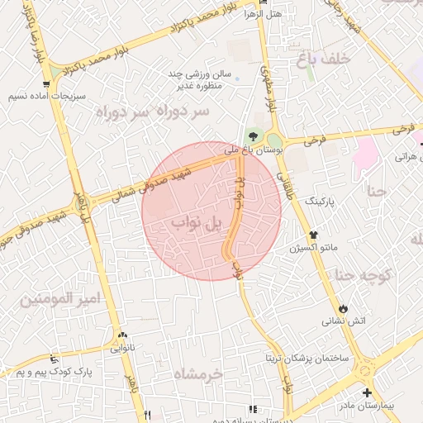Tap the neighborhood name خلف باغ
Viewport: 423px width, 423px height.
[x=351, y=58]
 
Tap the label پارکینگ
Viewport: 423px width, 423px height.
[x=321, y=201]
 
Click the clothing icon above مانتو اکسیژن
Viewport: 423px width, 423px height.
[x=314, y=235]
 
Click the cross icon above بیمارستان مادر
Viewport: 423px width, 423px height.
[x=367, y=393]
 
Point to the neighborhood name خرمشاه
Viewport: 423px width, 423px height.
[x=198, y=374]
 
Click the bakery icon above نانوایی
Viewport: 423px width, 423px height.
[x=123, y=335]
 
